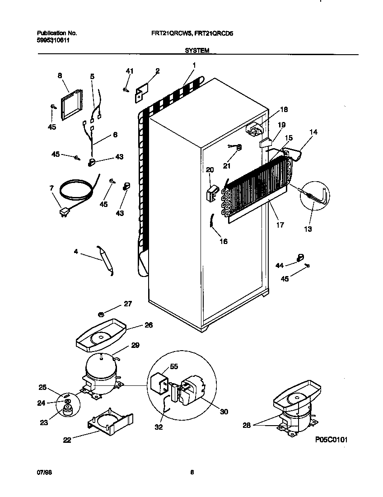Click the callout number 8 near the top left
pyautogui.click(x=60, y=76)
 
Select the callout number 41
pyautogui.click(x=130, y=71)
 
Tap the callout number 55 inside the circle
pyautogui.click(x=174, y=366)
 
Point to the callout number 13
pyautogui.click(x=308, y=229)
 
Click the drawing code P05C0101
pyautogui.click(x=332, y=440)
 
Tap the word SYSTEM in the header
pyautogui.click(x=197, y=51)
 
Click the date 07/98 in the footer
pyautogui.click(x=43, y=473)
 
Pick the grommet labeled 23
pyautogui.click(x=68, y=410)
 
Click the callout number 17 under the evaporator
pyautogui.click(x=280, y=225)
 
